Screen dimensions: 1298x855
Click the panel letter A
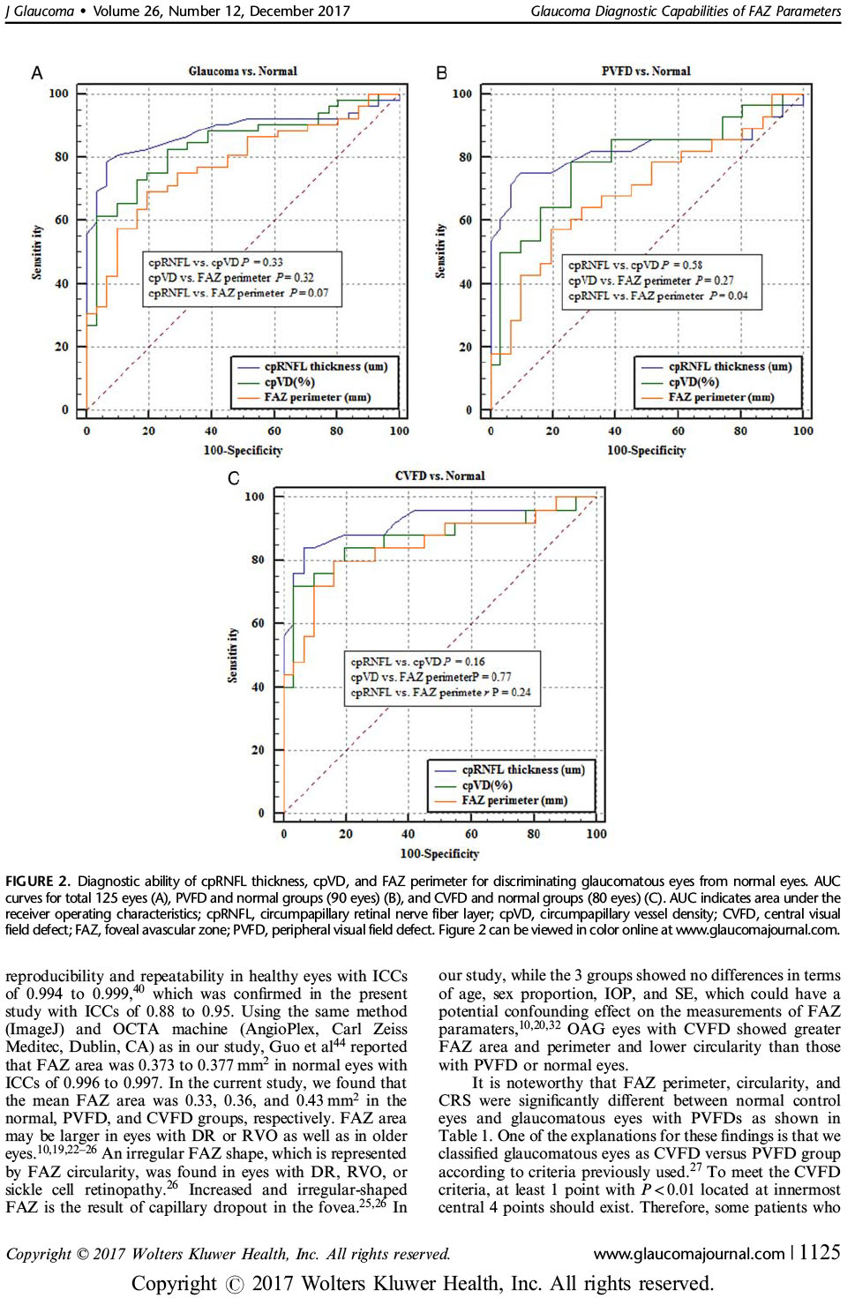[37, 73]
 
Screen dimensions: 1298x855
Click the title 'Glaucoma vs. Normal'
[243, 71]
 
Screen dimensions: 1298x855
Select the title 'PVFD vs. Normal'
[646, 71]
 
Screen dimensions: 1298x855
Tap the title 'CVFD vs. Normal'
[439, 476]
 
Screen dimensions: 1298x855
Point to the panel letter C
[234, 478]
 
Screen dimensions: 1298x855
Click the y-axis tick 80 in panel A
[60, 157]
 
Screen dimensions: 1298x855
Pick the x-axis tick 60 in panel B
[678, 431]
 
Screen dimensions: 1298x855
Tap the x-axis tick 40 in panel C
[408, 834]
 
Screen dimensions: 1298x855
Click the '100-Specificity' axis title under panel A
[243, 450]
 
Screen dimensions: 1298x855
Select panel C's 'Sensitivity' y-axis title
[233, 656]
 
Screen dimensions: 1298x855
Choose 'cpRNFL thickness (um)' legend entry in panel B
[729, 366]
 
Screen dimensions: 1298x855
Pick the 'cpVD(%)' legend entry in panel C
[486, 785]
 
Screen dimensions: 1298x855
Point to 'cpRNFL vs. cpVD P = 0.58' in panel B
[635, 265]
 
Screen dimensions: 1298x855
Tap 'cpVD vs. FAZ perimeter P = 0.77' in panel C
[431, 677]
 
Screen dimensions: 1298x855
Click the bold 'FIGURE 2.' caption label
[37, 881]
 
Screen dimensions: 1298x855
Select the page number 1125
[819, 1252]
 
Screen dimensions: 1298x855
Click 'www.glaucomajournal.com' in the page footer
[688, 1253]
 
